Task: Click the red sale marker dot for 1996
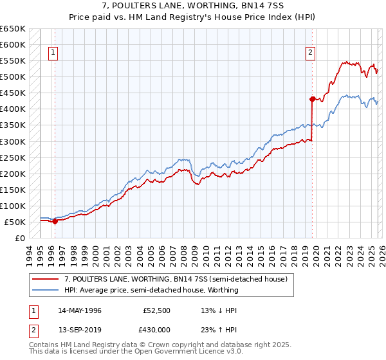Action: (55, 221)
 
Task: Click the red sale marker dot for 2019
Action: (312, 99)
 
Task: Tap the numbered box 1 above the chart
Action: (53, 53)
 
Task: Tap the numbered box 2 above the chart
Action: (310, 53)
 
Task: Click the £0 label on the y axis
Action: (19, 238)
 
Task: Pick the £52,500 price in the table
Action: (157, 310)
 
